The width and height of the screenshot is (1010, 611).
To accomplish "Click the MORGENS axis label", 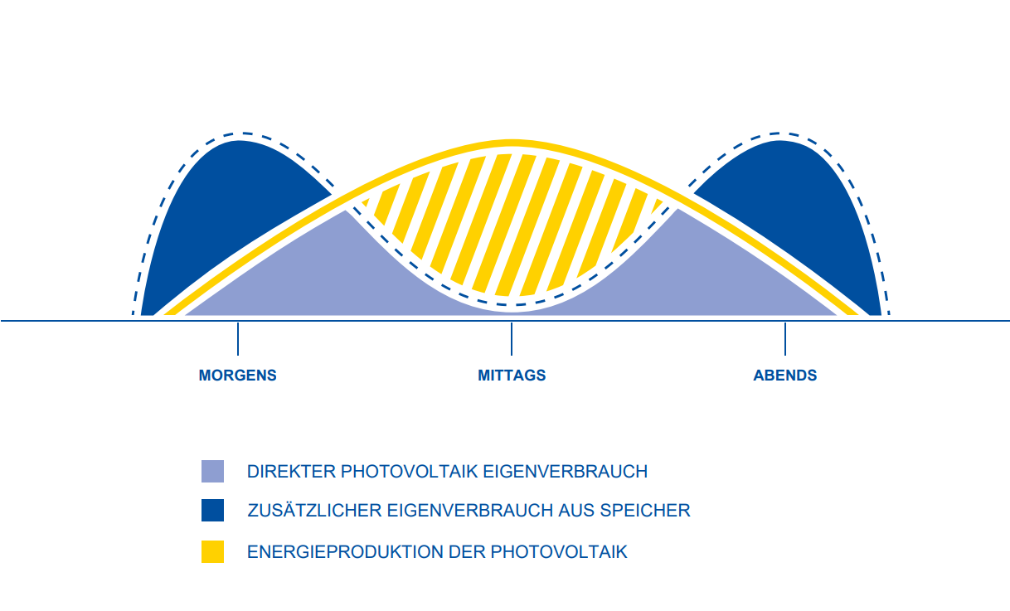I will [x=237, y=376].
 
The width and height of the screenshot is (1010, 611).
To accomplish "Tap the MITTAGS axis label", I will [x=512, y=376].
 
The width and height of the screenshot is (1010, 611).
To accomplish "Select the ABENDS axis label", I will [x=784, y=376].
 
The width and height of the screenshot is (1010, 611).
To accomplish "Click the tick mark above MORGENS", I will [x=238, y=338].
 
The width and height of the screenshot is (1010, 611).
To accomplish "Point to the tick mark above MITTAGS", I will [x=512, y=338].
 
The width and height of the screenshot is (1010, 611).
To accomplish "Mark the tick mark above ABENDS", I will [x=785, y=338].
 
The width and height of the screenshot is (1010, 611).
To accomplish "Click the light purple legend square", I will [x=212, y=471].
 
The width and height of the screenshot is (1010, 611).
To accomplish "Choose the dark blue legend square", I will [x=212, y=510].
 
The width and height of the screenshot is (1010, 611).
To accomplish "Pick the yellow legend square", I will [x=212, y=551].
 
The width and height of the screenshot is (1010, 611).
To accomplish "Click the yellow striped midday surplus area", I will [x=512, y=224].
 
